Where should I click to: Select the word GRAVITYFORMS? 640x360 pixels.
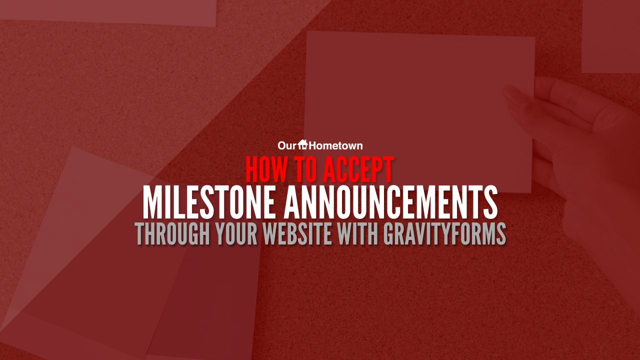tap(444, 233)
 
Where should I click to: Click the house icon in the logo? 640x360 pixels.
tap(303, 145)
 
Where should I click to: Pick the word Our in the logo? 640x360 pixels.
tap(288, 145)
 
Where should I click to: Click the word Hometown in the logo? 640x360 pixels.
tap(335, 145)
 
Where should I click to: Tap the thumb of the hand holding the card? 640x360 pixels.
tap(520, 95)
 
